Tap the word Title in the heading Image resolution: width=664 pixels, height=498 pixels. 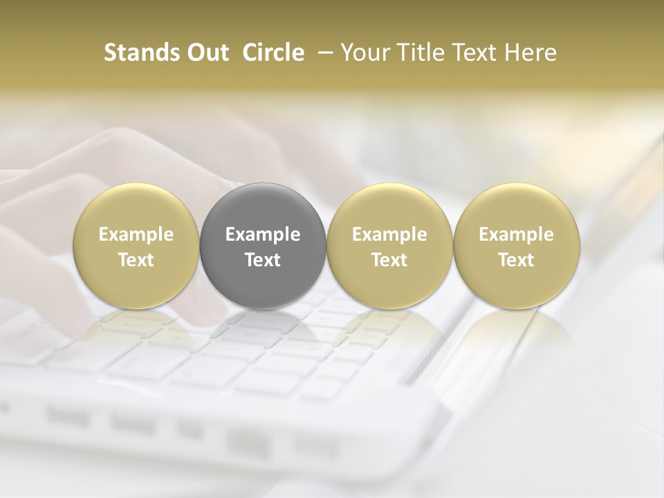pyautogui.click(x=413, y=53)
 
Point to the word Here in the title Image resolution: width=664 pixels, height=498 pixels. pyautogui.click(x=531, y=53)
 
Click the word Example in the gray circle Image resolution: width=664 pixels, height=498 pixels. pyautogui.click(x=263, y=234)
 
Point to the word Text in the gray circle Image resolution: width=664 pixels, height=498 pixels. pyautogui.click(x=263, y=260)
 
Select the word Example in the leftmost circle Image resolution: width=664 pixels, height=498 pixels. pyautogui.click(x=136, y=234)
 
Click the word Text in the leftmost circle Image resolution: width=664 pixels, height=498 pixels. pyautogui.click(x=136, y=260)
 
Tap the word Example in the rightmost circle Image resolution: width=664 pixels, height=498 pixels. pyautogui.click(x=516, y=234)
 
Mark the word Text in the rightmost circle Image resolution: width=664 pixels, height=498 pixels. pyautogui.click(x=516, y=260)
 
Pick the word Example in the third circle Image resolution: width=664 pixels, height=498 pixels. pyautogui.click(x=389, y=234)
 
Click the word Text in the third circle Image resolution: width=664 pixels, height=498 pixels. pyautogui.click(x=389, y=260)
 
